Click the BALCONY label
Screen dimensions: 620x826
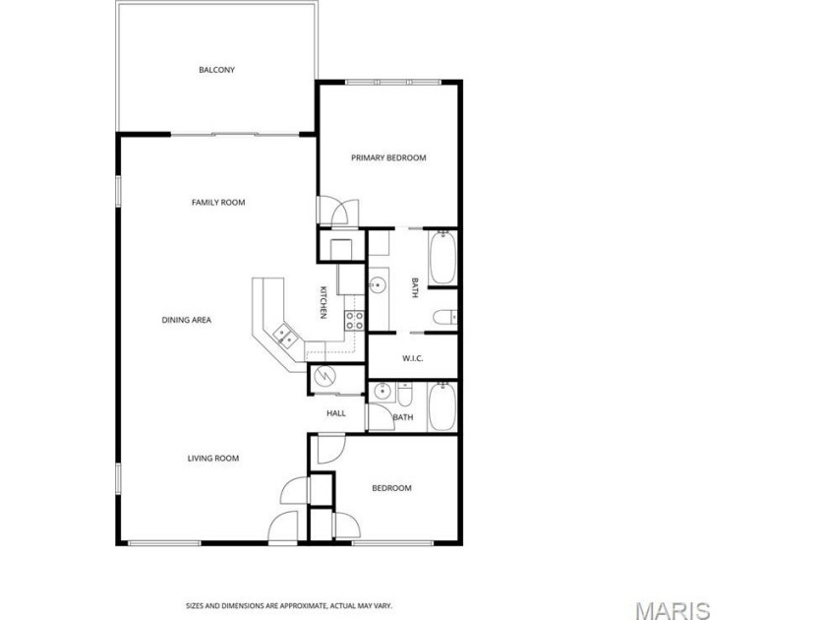tap(216, 70)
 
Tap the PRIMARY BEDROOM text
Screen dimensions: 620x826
tap(388, 157)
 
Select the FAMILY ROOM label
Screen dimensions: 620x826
tap(217, 203)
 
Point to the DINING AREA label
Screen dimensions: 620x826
tap(187, 320)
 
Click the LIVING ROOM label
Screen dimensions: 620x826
tap(213, 459)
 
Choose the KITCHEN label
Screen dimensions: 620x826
tap(324, 301)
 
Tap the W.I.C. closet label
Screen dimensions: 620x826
tap(413, 358)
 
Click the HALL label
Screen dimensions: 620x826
tap(336, 413)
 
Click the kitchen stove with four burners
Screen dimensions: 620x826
tap(355, 320)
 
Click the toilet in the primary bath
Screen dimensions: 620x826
tap(444, 317)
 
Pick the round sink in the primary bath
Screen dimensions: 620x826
tap(378, 285)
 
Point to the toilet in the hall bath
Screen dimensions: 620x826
tap(403, 396)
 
